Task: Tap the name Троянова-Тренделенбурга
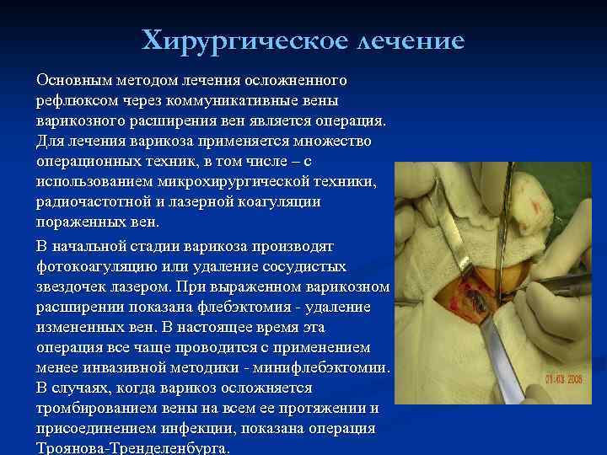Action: click(132, 449)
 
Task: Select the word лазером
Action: click(141, 286)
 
